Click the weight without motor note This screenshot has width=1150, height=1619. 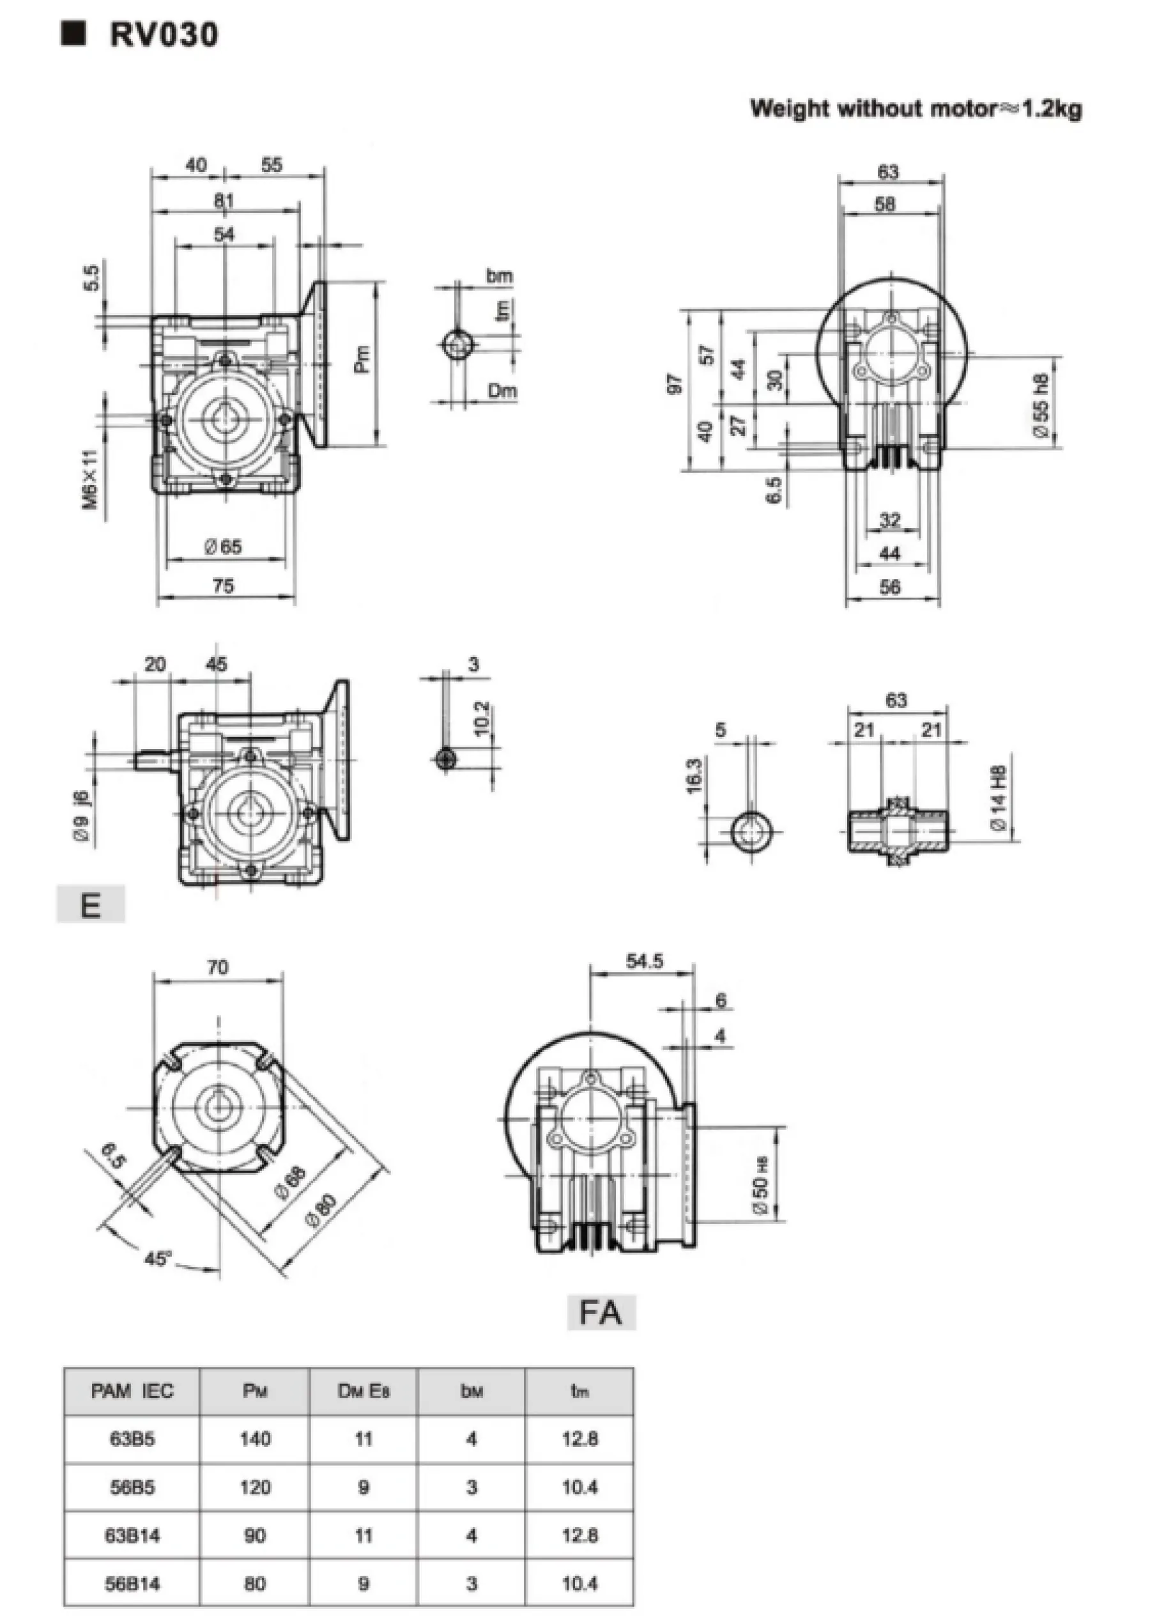[x=916, y=109]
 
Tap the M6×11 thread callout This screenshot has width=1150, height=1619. [x=91, y=479]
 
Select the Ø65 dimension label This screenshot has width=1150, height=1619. [x=223, y=546]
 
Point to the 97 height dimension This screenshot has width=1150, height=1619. [x=675, y=385]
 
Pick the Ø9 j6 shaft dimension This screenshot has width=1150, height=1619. [x=84, y=815]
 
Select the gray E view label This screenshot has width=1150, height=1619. [x=91, y=906]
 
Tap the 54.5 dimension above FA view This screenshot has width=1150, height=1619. [x=645, y=961]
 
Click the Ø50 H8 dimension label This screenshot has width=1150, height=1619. [x=762, y=1186]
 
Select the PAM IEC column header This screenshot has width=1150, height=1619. [x=132, y=1391]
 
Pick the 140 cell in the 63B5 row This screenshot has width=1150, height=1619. [x=255, y=1438]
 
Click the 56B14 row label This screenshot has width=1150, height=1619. [x=132, y=1583]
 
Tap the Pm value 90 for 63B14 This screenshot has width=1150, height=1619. [x=255, y=1535]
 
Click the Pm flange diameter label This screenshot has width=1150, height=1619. [x=362, y=360]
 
